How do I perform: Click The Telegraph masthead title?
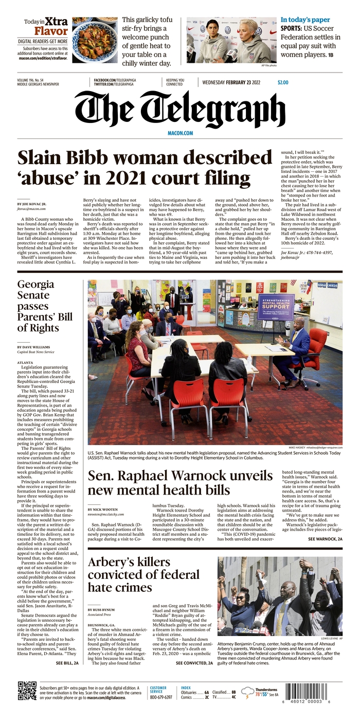(179, 111)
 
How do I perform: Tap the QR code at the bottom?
(27, 691)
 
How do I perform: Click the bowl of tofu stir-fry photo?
(95, 40)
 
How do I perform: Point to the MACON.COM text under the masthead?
(180, 133)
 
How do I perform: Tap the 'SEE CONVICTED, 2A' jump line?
(194, 663)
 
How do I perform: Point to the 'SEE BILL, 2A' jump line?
(67, 663)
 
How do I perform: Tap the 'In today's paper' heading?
(305, 20)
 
